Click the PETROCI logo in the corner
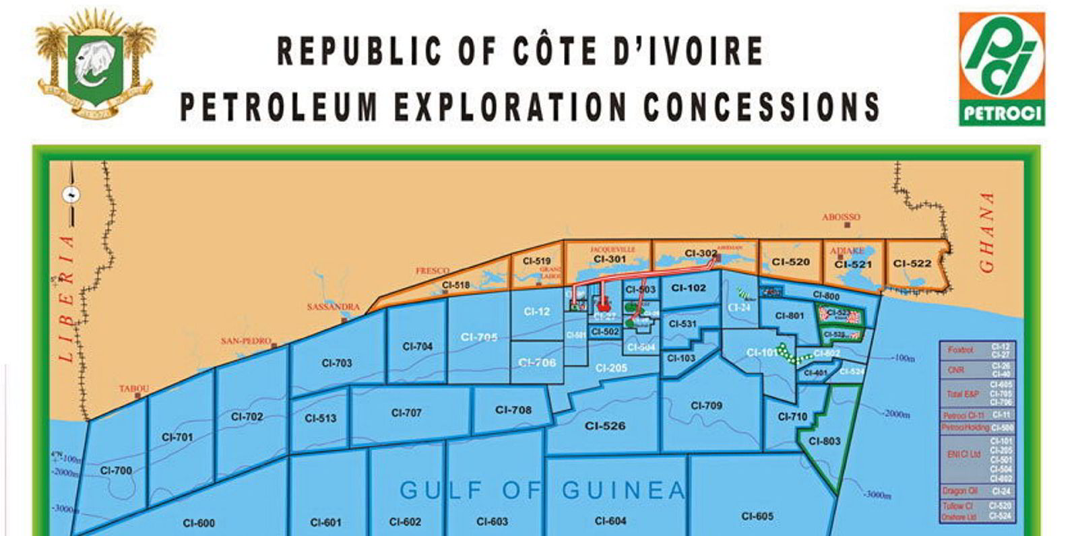click(x=1001, y=70)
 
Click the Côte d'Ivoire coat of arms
click(x=95, y=67)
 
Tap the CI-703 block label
click(x=337, y=363)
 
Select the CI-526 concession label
click(x=605, y=426)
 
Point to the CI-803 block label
click(x=825, y=441)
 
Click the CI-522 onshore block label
click(x=912, y=263)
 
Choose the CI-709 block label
click(x=706, y=405)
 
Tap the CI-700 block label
click(x=116, y=471)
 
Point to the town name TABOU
click(x=134, y=389)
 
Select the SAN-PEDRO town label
click(x=246, y=341)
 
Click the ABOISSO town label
click(x=841, y=217)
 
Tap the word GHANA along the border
click(x=988, y=232)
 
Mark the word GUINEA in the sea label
click(x=623, y=490)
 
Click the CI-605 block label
click(x=757, y=516)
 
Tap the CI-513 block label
click(x=320, y=418)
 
